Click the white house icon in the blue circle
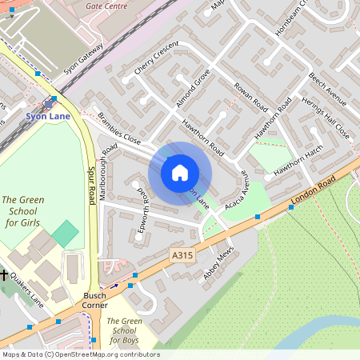[x=180, y=173]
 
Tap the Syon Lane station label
[x=48, y=116]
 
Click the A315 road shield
[x=183, y=254]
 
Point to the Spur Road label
[x=90, y=186]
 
